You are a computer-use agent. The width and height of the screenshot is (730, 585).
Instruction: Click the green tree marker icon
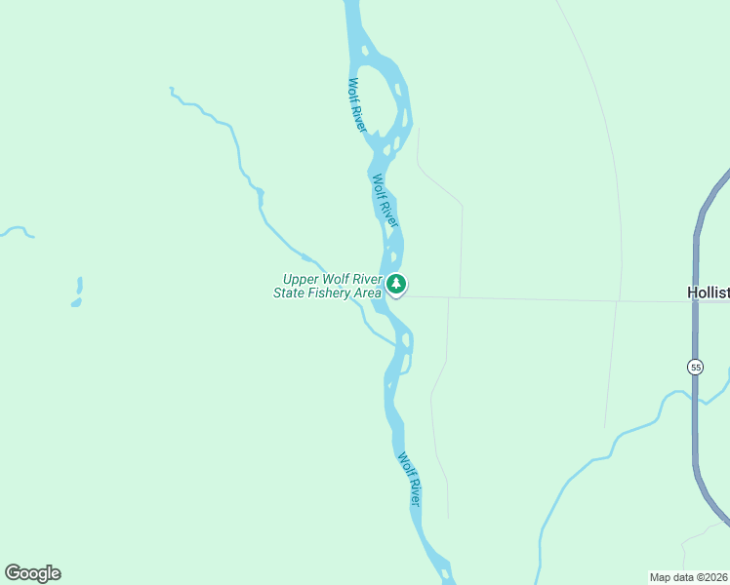(x=395, y=285)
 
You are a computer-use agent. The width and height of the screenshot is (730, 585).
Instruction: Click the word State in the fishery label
(x=288, y=292)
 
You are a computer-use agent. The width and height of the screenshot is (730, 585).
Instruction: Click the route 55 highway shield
(x=694, y=367)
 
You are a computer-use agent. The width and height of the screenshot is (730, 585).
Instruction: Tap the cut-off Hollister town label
(x=708, y=292)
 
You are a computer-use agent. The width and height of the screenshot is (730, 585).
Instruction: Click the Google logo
(x=32, y=573)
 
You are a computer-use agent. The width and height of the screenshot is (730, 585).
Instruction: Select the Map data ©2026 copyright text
(x=689, y=577)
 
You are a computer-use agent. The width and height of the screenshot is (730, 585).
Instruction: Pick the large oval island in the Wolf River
(x=380, y=94)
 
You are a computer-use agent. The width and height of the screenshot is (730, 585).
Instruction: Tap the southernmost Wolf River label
(x=410, y=478)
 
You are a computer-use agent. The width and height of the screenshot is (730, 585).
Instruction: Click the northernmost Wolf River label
(x=356, y=105)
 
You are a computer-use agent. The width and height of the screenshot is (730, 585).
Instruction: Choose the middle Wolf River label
(x=385, y=201)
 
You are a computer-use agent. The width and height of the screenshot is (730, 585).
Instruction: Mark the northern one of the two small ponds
(x=79, y=285)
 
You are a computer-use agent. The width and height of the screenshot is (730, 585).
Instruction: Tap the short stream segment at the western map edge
(x=16, y=231)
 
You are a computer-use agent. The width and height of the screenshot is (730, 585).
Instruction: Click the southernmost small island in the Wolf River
(x=445, y=573)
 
